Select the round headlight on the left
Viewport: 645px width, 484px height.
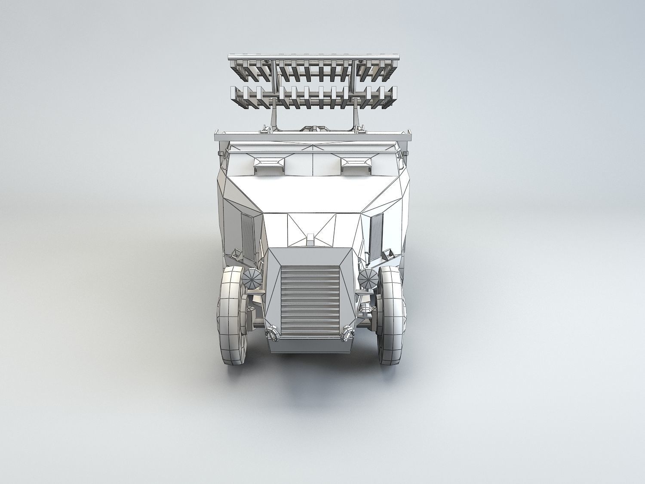pyautogui.click(x=252, y=280)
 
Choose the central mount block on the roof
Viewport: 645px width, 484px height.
pyautogui.click(x=313, y=128)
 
